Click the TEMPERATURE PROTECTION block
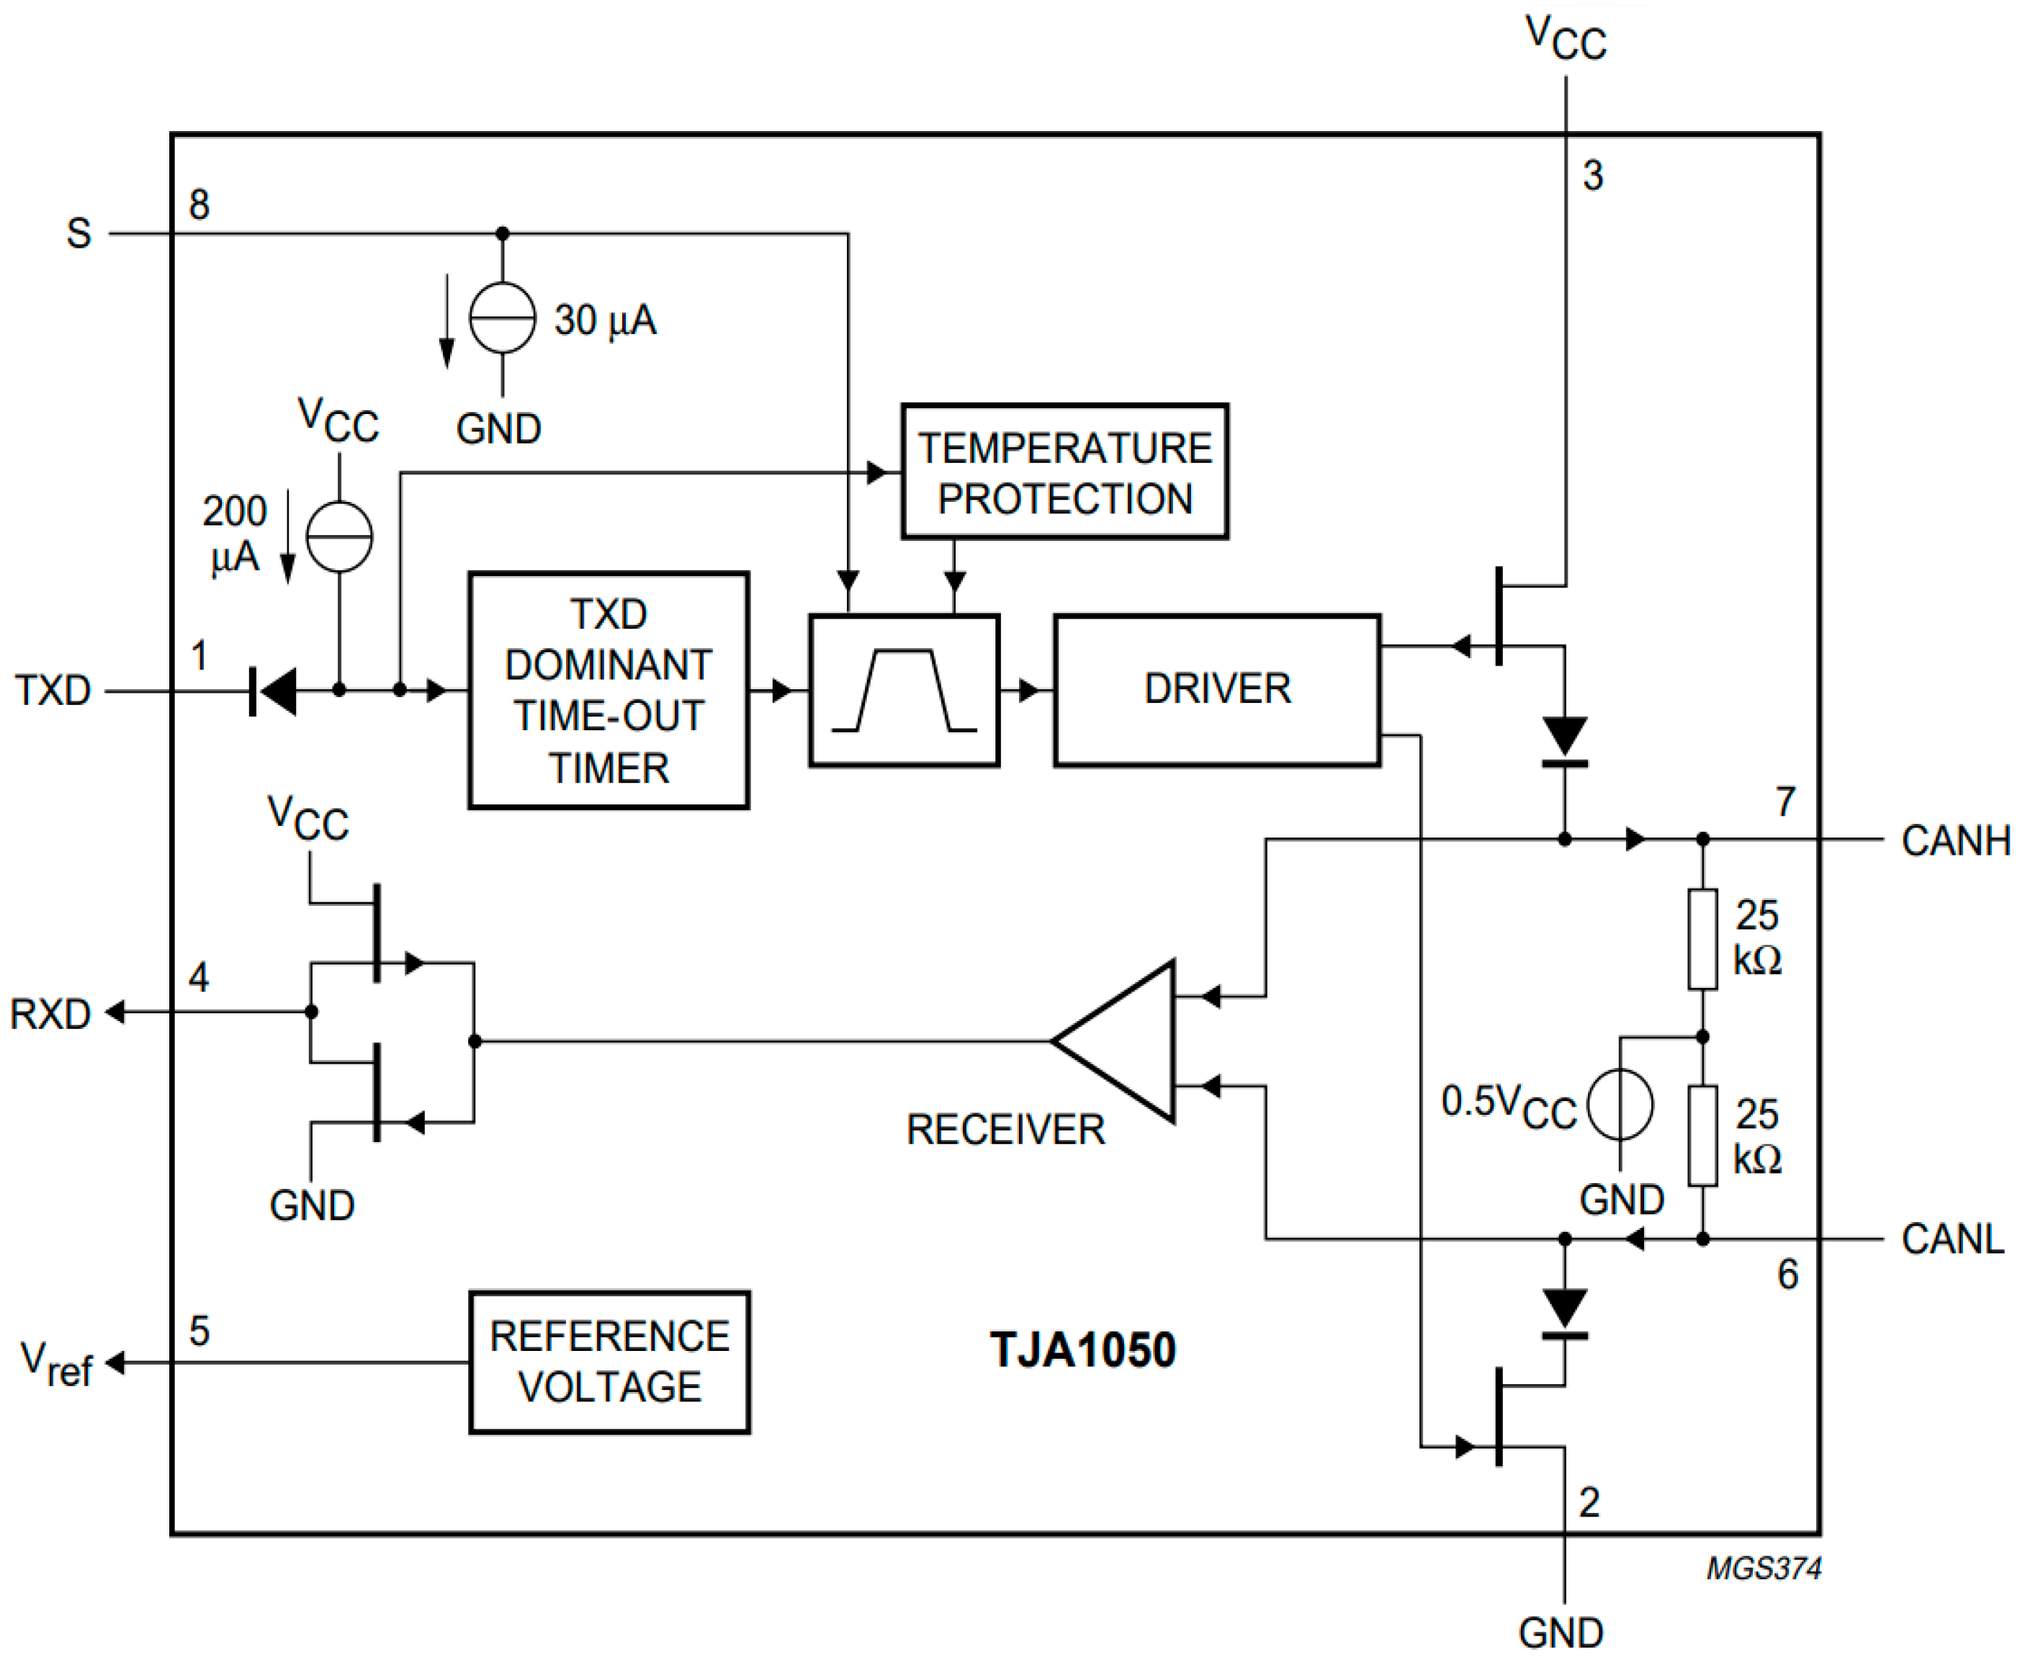(x=1064, y=472)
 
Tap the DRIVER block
(x=1217, y=689)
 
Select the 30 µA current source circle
(x=502, y=318)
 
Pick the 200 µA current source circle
(x=339, y=536)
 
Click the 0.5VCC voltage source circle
(x=1619, y=1104)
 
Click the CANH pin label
(x=1955, y=840)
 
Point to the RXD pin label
(x=50, y=1014)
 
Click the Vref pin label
(x=55, y=1363)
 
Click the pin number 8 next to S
(x=199, y=204)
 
